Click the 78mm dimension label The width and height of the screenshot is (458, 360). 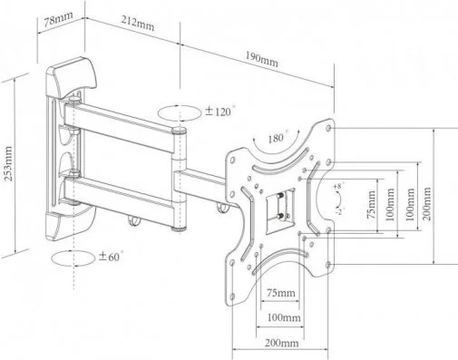click(58, 20)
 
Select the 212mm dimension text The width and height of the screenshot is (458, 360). click(138, 24)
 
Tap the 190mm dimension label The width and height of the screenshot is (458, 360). click(261, 59)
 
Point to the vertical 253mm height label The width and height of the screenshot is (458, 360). click(8, 163)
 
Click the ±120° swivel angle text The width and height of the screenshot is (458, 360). click(219, 112)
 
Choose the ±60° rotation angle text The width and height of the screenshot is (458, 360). click(111, 257)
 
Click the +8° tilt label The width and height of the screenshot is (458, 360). click(337, 186)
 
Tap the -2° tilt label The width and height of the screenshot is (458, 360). click(339, 211)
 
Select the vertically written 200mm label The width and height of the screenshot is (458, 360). click(426, 204)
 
